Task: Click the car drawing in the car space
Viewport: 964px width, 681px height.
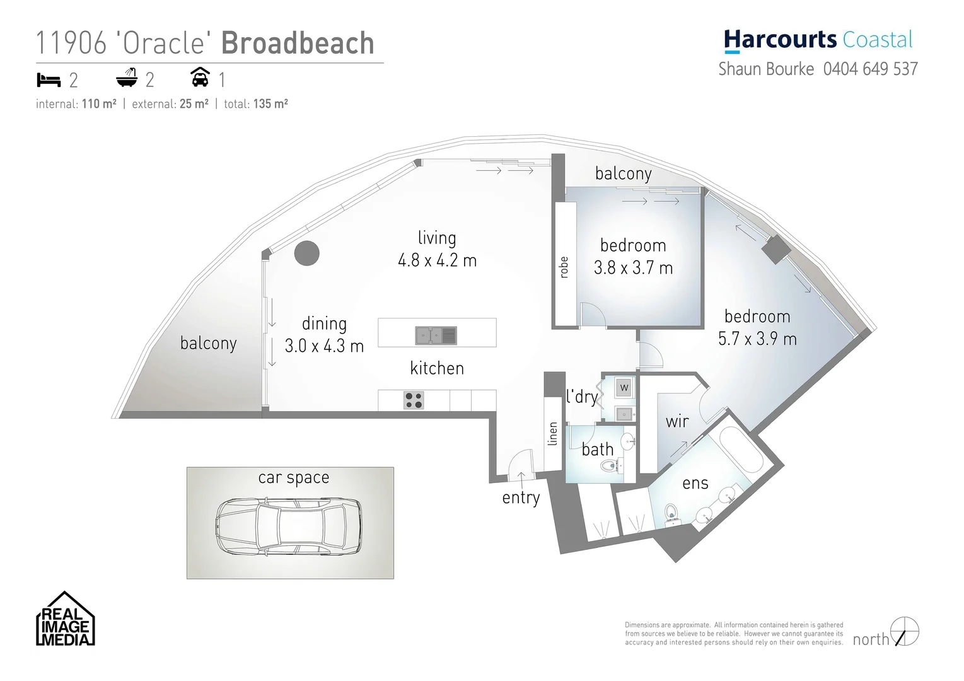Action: coord(289,527)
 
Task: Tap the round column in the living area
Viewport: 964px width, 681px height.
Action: coord(306,253)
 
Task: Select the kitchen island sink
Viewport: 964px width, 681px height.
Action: coord(436,335)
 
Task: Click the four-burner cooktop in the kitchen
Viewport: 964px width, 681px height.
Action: coord(414,400)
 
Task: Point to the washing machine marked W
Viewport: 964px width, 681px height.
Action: coord(624,387)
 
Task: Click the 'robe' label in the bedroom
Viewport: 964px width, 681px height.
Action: coord(564,267)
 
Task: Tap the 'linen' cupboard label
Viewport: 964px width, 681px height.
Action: coord(553,434)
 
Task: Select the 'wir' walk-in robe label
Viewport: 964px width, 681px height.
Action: coord(677,421)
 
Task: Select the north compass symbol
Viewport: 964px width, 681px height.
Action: coord(905,632)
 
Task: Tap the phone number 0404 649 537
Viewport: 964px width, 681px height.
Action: coord(870,69)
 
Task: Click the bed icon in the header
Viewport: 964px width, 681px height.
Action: coord(49,79)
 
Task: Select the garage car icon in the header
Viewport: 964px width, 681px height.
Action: coord(200,78)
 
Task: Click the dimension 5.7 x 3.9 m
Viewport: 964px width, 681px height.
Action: coord(757,339)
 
